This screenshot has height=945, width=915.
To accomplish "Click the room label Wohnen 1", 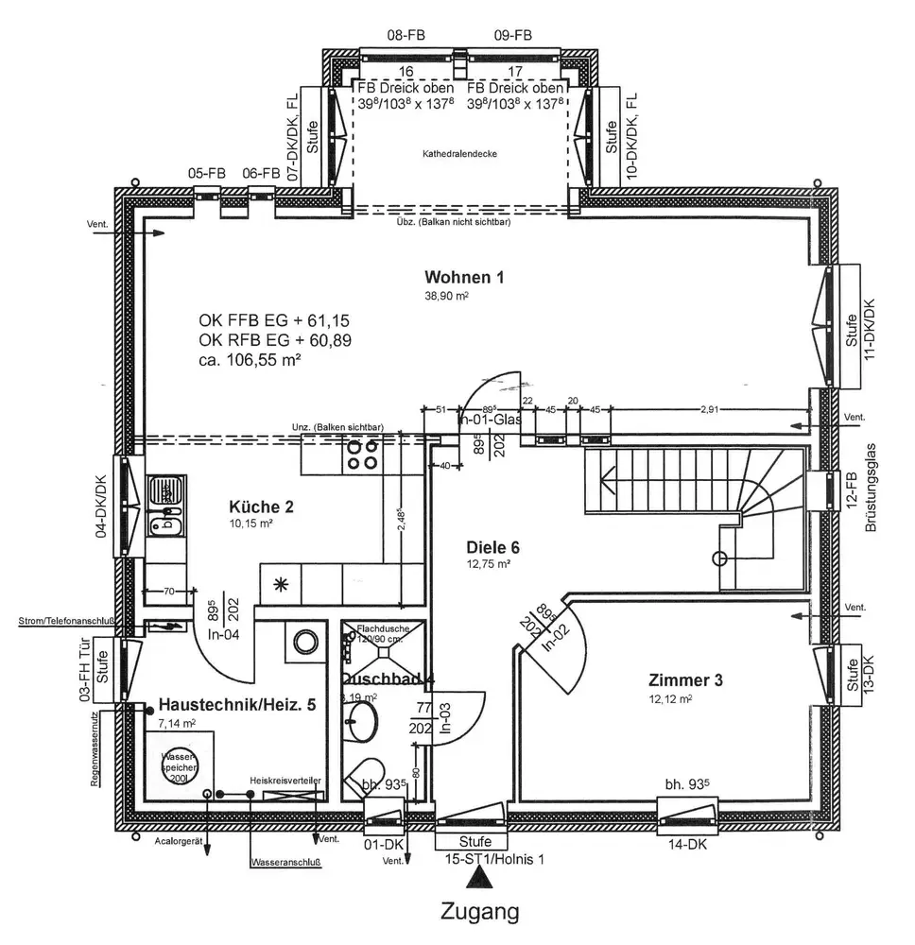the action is (464, 278).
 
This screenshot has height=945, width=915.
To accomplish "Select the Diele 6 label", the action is (493, 547).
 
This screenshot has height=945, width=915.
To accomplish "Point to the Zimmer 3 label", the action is (686, 680).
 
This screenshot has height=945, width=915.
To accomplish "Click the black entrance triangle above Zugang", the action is (483, 879).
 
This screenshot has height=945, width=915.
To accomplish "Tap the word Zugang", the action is (480, 913).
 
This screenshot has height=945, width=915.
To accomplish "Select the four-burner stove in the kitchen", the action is (363, 455).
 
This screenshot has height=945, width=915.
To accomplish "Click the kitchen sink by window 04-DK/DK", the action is (166, 492).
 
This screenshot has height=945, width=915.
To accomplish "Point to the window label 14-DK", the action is (686, 846).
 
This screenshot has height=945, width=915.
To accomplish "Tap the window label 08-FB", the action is (406, 36).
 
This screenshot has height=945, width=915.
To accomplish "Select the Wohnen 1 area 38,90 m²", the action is (447, 296).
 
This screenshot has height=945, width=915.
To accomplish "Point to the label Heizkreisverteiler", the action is (285, 781).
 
